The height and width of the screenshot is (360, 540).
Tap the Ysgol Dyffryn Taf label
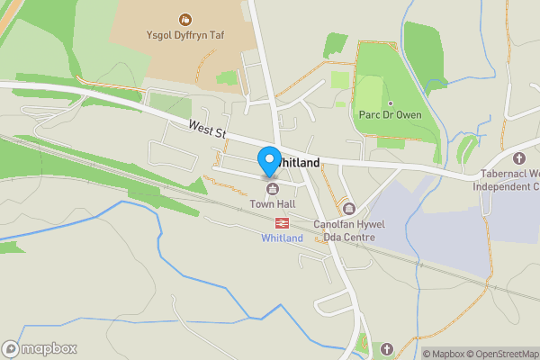tap(185, 38)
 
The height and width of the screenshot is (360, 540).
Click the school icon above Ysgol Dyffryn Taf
tap(185, 19)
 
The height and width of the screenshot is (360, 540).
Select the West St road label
tap(206, 131)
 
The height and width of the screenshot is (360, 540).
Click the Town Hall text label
tap(271, 204)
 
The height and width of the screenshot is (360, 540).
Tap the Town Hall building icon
tap(271, 187)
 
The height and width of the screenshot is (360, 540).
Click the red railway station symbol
tap(282, 221)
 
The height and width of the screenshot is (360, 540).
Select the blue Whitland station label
tap(282, 238)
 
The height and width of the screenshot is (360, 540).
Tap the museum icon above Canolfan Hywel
tap(349, 208)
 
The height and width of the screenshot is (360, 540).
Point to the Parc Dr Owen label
tap(390, 114)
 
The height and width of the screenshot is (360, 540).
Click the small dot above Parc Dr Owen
tap(390, 102)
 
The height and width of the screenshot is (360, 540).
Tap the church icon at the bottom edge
tap(387, 348)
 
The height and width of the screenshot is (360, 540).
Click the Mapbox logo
tap(40, 348)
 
